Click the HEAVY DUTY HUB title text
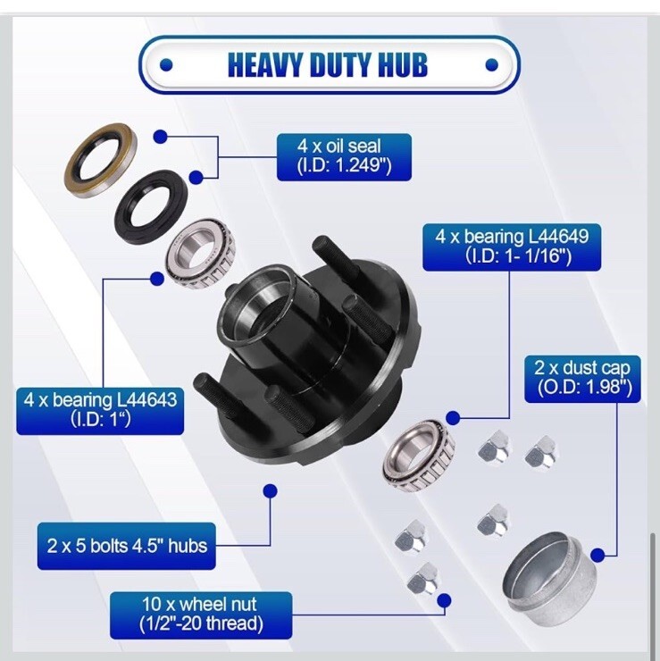(328, 64)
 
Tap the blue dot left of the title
(166, 64)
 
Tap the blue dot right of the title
(492, 64)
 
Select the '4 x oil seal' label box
(344, 157)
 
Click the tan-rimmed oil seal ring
(100, 160)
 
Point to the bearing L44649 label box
(512, 247)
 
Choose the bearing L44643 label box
(100, 411)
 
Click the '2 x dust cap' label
(582, 379)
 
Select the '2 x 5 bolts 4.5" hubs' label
(127, 546)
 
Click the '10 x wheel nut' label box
(201, 615)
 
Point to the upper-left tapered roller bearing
(199, 255)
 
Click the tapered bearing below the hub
(418, 456)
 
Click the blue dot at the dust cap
(597, 556)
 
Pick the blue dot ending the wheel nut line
(444, 600)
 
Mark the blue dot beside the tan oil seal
(160, 137)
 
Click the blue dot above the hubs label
(270, 490)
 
